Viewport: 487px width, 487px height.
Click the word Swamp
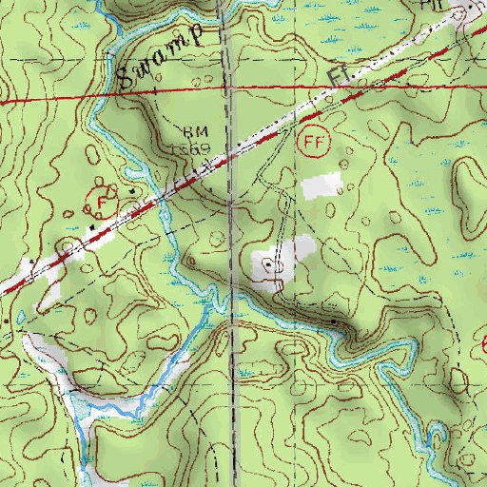coord(162,57)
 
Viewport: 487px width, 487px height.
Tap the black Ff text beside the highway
coord(335,75)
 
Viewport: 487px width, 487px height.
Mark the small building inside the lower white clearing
coord(269,263)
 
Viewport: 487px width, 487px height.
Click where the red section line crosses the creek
coord(98,96)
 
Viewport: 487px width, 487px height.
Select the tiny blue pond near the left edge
coord(16,317)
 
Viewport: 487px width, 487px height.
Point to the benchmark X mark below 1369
coord(199,164)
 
